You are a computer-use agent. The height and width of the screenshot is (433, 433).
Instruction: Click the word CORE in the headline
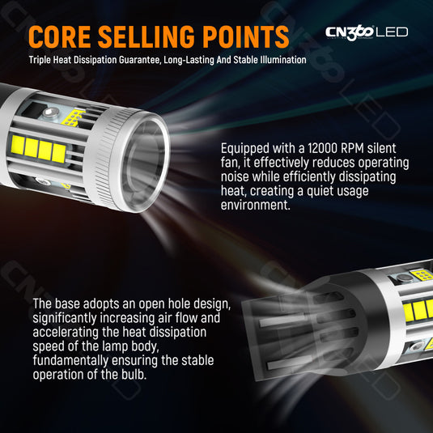click(59, 36)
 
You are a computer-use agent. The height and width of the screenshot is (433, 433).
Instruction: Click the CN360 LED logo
click(367, 32)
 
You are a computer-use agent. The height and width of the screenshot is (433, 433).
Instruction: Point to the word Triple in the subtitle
click(40, 60)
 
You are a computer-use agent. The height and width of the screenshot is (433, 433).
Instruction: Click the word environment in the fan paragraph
click(256, 205)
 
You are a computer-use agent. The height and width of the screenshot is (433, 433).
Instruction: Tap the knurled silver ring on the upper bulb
click(106, 155)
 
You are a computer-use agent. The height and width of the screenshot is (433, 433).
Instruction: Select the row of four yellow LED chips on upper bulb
click(39, 149)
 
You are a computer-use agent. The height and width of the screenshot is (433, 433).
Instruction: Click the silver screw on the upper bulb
click(51, 112)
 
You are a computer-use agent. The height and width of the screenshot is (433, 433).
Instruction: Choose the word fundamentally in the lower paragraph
click(70, 361)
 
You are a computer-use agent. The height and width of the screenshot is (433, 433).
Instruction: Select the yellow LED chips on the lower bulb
click(418, 309)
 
